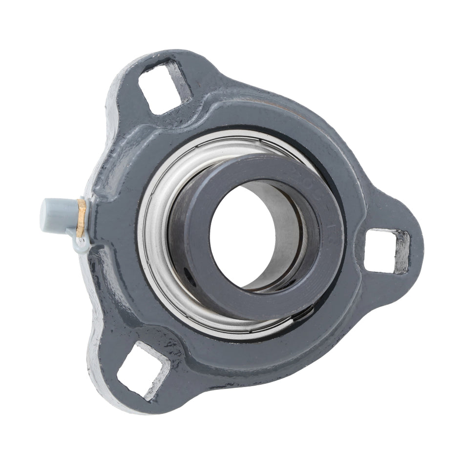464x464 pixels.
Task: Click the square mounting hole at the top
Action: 164,85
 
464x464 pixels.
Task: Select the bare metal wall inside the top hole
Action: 181,81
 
